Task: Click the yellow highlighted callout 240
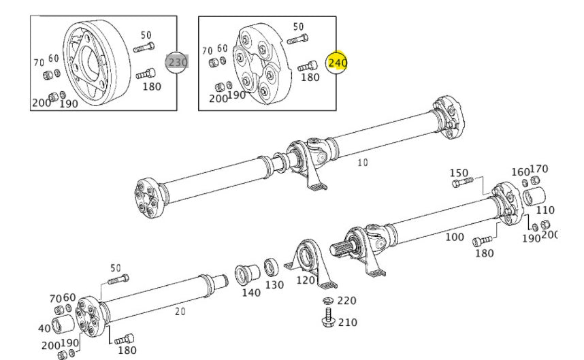tap(338, 63)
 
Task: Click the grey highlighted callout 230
tap(178, 62)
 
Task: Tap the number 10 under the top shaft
tap(362, 163)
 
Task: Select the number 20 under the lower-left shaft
tap(180, 311)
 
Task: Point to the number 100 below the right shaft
tap(454, 237)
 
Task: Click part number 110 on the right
tap(546, 210)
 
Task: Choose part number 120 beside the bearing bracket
tap(306, 280)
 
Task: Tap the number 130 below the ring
tap(274, 284)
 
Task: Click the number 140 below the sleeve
tap(250, 292)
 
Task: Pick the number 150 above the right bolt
tap(460, 172)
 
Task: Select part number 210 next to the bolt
tap(347, 321)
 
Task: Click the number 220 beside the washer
tap(346, 300)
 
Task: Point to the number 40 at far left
tap(44, 328)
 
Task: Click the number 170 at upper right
tap(539, 169)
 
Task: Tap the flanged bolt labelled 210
tap(327, 318)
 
